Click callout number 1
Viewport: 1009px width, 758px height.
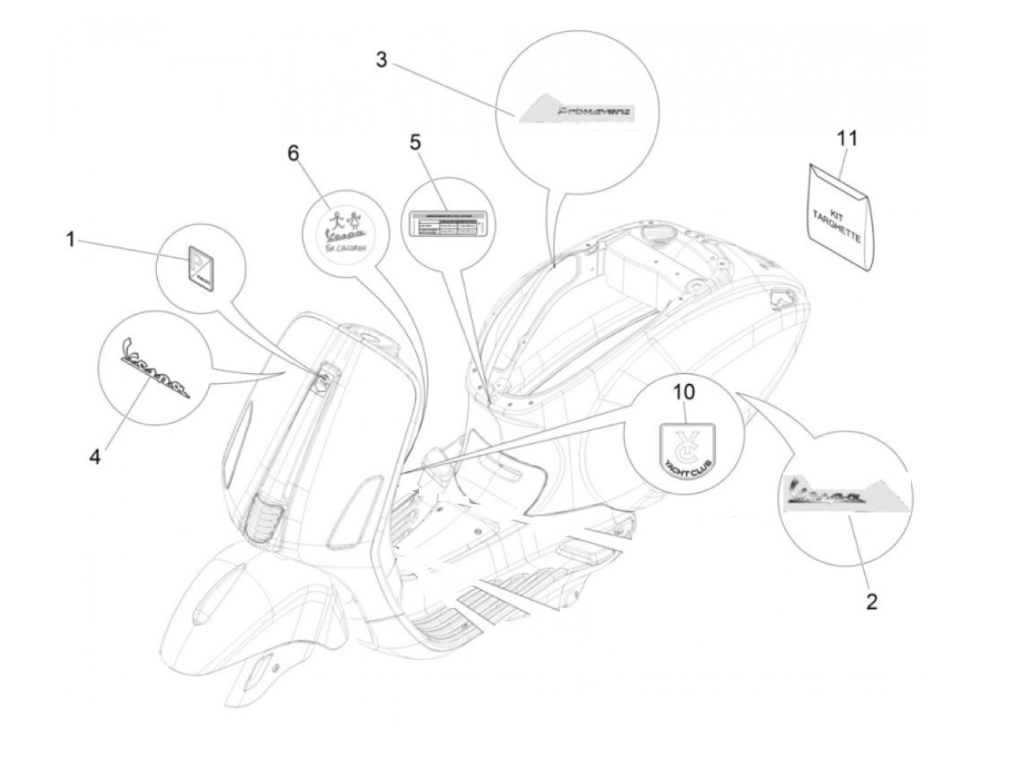click(71, 238)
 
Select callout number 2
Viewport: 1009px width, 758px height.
click(871, 602)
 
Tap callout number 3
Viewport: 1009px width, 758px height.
click(381, 60)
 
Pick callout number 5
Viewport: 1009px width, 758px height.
click(414, 142)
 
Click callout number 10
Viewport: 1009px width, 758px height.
click(684, 393)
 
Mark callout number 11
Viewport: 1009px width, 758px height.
click(848, 137)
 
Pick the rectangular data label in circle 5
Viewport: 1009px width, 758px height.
click(447, 223)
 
